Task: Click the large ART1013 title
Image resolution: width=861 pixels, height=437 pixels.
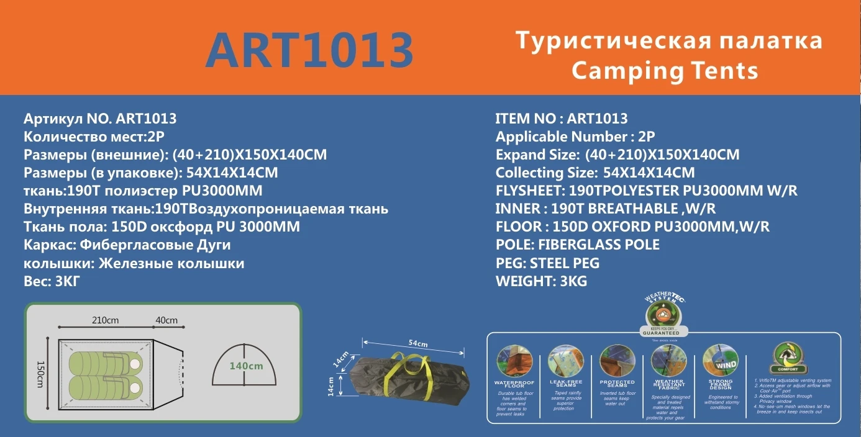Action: pyautogui.click(x=309, y=50)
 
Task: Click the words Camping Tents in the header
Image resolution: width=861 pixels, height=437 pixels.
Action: pyautogui.click(x=665, y=70)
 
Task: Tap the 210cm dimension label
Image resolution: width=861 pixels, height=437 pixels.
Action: pyautogui.click(x=105, y=320)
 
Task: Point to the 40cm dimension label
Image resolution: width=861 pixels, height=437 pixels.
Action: pyautogui.click(x=166, y=320)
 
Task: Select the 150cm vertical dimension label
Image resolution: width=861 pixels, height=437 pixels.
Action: pyautogui.click(x=41, y=375)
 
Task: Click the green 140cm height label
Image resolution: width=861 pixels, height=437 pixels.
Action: pyautogui.click(x=246, y=366)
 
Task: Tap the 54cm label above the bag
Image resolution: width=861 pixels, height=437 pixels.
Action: pyautogui.click(x=417, y=343)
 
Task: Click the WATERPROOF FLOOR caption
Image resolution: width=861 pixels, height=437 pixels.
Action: pyautogui.click(x=514, y=384)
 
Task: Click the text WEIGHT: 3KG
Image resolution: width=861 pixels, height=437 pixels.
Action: pyautogui.click(x=541, y=281)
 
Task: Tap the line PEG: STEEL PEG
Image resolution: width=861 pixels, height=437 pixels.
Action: pyautogui.click(x=547, y=263)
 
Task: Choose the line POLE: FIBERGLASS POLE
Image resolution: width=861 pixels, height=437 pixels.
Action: pyautogui.click(x=577, y=245)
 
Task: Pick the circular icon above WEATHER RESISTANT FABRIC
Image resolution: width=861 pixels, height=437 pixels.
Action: pyautogui.click(x=668, y=360)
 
